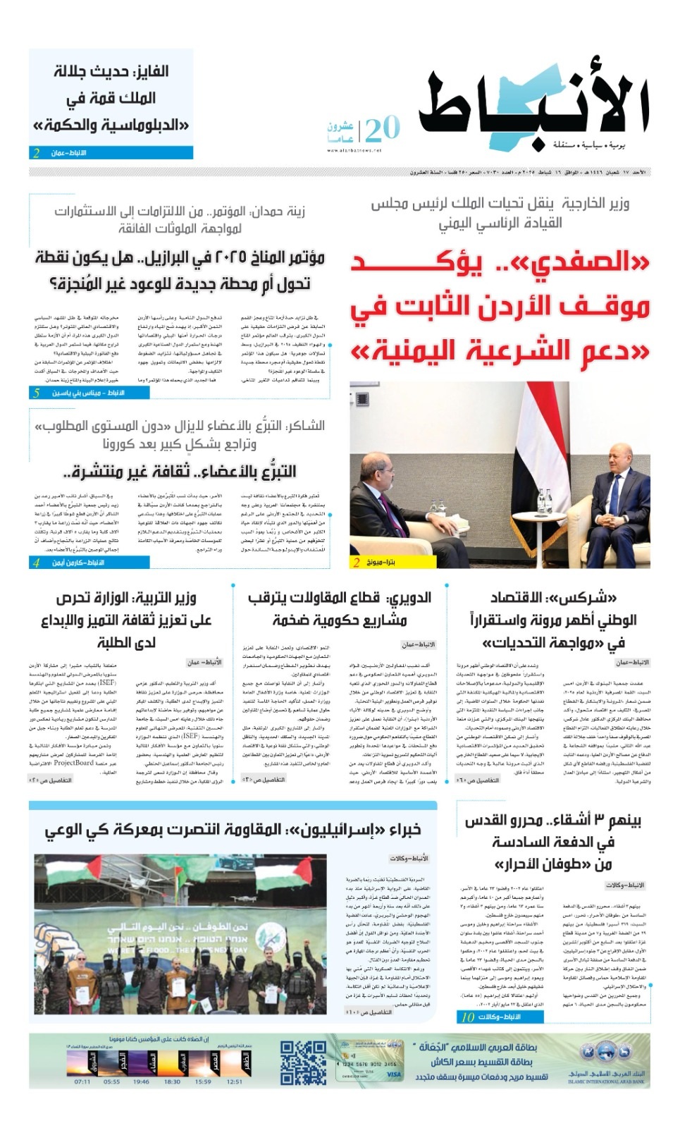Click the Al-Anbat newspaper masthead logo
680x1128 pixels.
click(533, 106)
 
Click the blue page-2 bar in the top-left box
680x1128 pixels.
click(111, 152)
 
